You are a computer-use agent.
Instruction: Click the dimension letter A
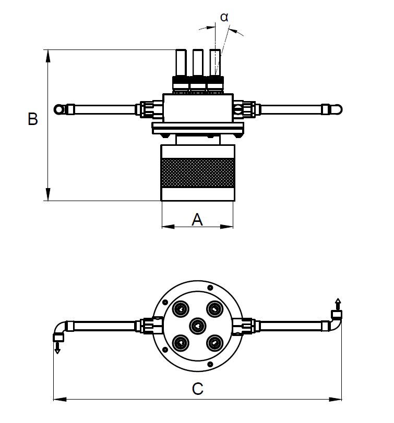point(197,219)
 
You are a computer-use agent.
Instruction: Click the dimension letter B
point(33,119)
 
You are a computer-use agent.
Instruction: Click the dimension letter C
point(197,389)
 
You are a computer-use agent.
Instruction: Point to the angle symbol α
point(224,17)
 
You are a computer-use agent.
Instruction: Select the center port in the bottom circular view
point(197,326)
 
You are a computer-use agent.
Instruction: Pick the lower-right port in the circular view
point(214,343)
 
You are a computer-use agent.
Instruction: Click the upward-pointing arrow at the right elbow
point(338,303)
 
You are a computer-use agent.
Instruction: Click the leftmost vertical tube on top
point(180,62)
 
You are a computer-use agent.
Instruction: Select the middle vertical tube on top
point(197,62)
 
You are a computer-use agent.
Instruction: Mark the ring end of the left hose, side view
point(58,109)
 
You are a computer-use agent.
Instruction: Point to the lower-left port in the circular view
point(181,343)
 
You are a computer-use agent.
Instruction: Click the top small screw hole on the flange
point(209,288)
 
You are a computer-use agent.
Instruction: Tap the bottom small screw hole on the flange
point(209,364)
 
